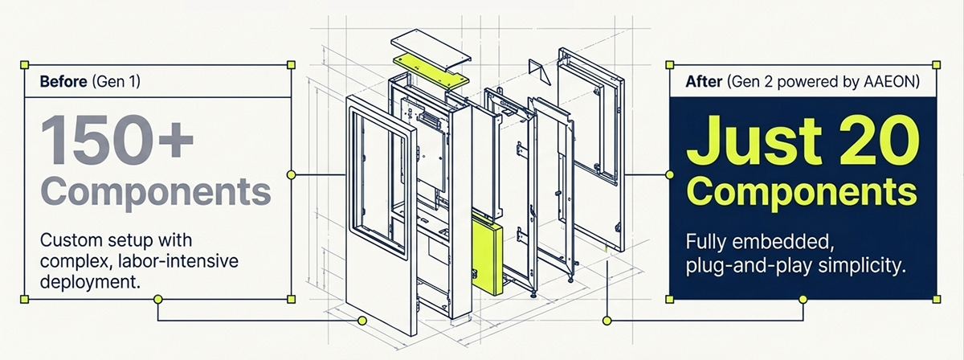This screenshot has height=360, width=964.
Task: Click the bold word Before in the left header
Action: point(63,81)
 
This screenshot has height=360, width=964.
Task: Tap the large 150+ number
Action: point(117,140)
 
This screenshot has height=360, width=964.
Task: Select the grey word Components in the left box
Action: point(156,193)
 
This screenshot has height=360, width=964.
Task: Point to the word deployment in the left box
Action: point(90,283)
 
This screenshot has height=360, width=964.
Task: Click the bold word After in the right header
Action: point(704,81)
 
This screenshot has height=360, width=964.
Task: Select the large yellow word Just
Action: point(754,141)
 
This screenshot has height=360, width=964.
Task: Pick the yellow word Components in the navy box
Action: point(802,193)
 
